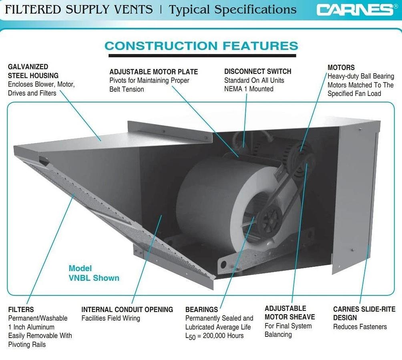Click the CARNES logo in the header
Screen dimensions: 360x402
pyautogui.click(x=354, y=10)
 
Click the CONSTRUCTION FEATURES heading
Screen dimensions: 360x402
pyautogui.click(x=201, y=46)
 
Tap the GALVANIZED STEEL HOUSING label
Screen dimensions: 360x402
pyautogui.click(x=33, y=71)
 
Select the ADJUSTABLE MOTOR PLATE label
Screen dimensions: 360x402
pyautogui.click(x=153, y=72)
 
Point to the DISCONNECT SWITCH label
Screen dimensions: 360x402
pyautogui.click(x=257, y=72)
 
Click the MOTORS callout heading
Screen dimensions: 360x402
pyautogui.click(x=341, y=68)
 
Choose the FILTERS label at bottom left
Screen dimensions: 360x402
pyautogui.click(x=21, y=310)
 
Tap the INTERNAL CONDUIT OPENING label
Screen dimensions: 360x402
pyautogui.click(x=127, y=310)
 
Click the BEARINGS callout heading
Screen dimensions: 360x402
pyautogui.click(x=201, y=310)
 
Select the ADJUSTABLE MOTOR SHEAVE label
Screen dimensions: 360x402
pyautogui.click(x=289, y=313)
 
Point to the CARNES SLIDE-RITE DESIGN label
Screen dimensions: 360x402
pyautogui.click(x=364, y=314)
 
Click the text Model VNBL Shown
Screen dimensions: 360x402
pyautogui.click(x=94, y=273)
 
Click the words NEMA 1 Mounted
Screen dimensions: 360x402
pyautogui.click(x=248, y=89)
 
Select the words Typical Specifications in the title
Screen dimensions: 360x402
pyautogui.click(x=233, y=10)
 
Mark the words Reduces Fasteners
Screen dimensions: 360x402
pyautogui.click(x=360, y=327)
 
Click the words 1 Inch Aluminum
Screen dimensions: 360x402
pyautogui.click(x=31, y=327)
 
